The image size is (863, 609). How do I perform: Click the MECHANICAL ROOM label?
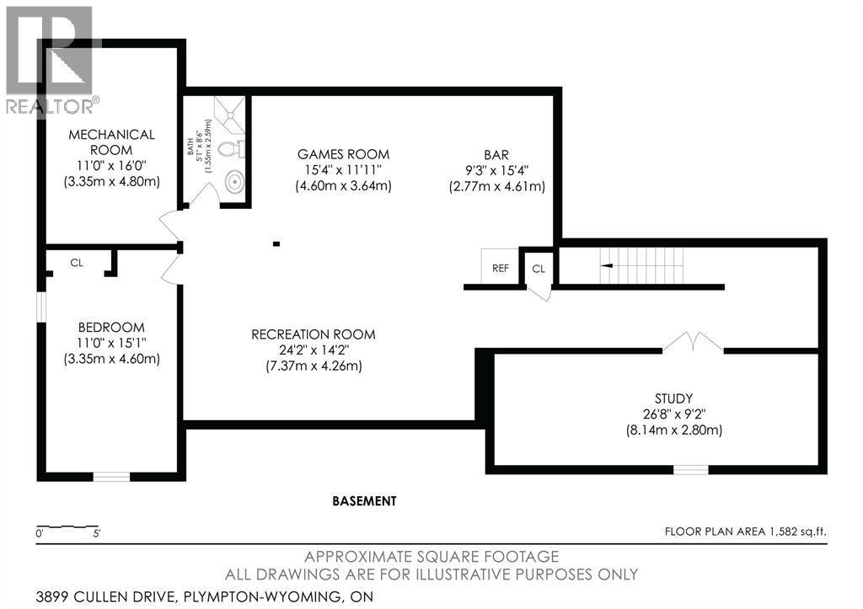[111, 142]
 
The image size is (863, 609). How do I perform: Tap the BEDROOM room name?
[111, 328]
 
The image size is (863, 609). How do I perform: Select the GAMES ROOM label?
[344, 154]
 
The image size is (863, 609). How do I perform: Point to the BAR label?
[496, 155]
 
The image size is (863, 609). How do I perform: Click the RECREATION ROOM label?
[314, 334]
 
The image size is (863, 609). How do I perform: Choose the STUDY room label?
[673, 398]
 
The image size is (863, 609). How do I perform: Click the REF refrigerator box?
[501, 267]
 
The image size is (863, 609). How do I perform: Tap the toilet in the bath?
[231, 148]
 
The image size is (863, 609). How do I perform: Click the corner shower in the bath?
[230, 115]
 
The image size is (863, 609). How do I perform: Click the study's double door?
[693, 342]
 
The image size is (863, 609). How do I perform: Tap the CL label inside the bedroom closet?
[77, 263]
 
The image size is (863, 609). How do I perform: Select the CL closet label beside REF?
[539, 269]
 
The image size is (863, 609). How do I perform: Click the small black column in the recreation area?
[276, 243]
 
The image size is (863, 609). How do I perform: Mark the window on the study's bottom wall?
[691, 469]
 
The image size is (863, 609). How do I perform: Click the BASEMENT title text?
[364, 501]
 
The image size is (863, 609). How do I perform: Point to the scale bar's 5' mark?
[96, 533]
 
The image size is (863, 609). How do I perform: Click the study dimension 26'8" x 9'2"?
[674, 414]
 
